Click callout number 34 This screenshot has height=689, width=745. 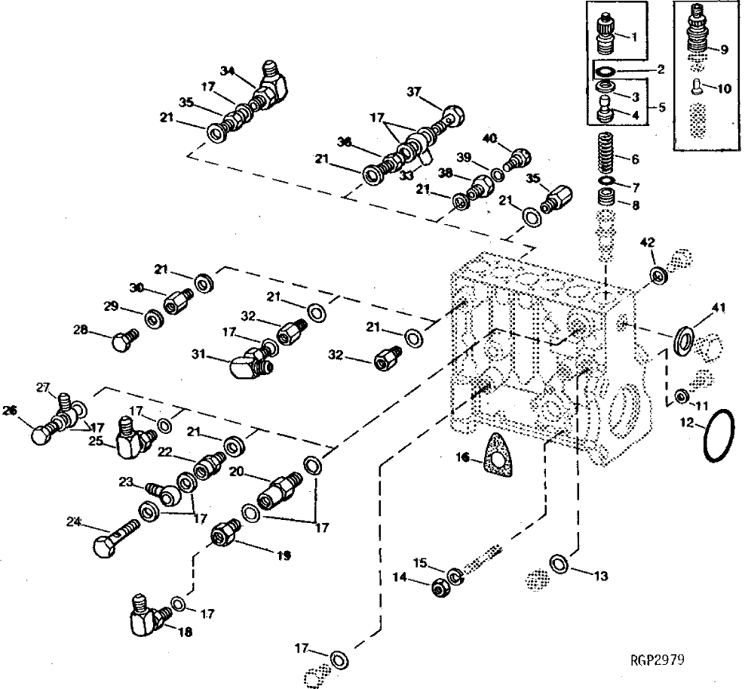[x=228, y=71]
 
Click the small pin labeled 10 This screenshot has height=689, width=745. [x=697, y=88]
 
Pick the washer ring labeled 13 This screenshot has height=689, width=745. [x=560, y=562]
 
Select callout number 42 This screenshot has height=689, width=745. [x=648, y=242]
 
